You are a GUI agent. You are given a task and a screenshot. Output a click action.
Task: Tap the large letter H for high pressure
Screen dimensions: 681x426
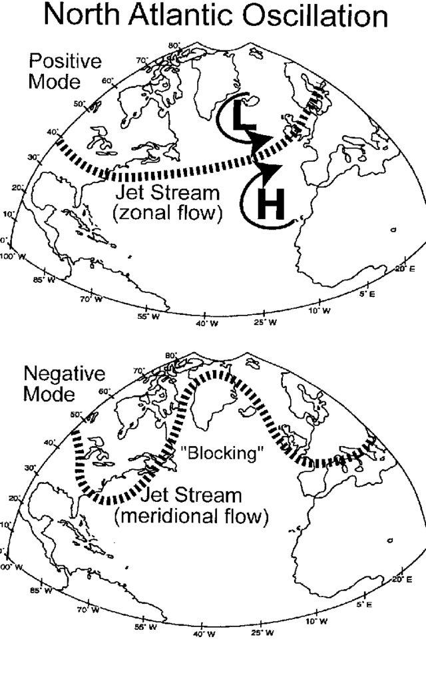[x=270, y=206]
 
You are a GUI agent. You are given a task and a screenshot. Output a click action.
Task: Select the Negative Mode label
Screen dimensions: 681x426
[x=65, y=384]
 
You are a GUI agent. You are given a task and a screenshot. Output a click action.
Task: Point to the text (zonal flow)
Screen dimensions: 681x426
[x=169, y=214]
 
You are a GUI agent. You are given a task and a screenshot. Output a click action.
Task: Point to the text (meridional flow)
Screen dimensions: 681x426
[x=192, y=516]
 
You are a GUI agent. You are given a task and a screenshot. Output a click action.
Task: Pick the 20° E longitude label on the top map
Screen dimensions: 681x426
[x=404, y=268]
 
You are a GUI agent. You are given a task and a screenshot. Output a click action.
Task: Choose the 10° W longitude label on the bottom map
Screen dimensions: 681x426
[x=317, y=622]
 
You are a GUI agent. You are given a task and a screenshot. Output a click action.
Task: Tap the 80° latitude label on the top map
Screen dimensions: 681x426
[x=174, y=46]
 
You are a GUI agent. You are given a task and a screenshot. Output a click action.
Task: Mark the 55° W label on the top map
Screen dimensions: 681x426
[x=147, y=316]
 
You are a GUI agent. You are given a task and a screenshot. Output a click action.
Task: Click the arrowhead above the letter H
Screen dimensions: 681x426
[x=268, y=172]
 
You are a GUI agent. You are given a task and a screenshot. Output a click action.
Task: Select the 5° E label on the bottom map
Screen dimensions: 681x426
[x=364, y=604]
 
